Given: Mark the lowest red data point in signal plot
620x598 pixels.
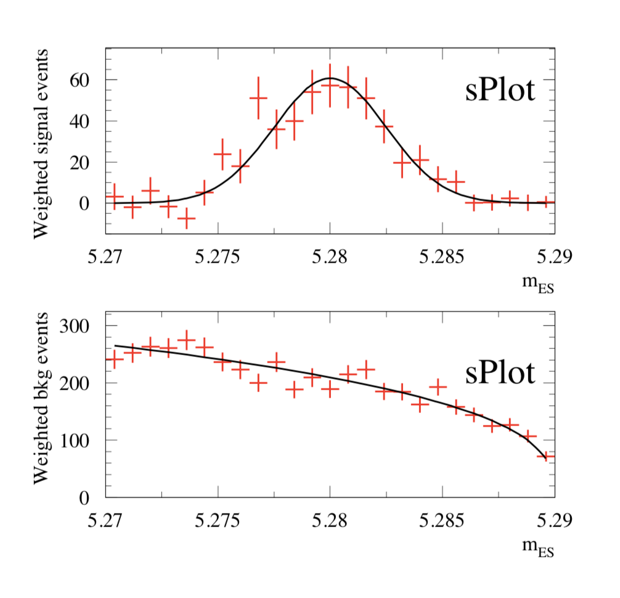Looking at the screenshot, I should [186, 218].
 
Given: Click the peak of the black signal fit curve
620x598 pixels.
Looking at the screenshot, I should [330, 78].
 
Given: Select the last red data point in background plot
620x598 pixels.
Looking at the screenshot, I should [545, 457].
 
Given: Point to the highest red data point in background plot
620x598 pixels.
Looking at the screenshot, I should [186, 340].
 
